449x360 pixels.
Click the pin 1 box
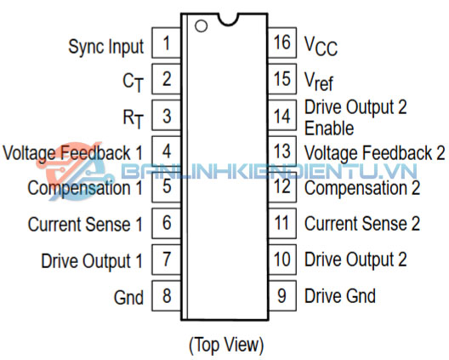coord(167,43)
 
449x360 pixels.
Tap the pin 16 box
coord(282,43)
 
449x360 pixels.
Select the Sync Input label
coord(106,47)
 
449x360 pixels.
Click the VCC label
coord(321,46)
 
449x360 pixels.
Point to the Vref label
coord(319,81)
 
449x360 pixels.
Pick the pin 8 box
coord(167,296)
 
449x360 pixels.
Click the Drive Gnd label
coord(340,296)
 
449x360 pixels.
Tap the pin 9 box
coord(282,296)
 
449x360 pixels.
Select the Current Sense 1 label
coord(85,224)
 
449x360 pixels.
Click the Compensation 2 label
coord(362,188)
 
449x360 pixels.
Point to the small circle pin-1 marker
coord(201,26)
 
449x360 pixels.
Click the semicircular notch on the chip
coord(228,20)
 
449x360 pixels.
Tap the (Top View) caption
coord(226,345)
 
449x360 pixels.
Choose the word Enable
coord(329,129)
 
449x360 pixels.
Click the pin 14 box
coord(282,115)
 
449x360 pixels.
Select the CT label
coord(133,83)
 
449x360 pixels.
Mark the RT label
coord(133,118)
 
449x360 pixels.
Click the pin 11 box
coord(282,224)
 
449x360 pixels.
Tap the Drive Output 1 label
coord(92,260)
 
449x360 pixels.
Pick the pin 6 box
coord(167,224)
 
